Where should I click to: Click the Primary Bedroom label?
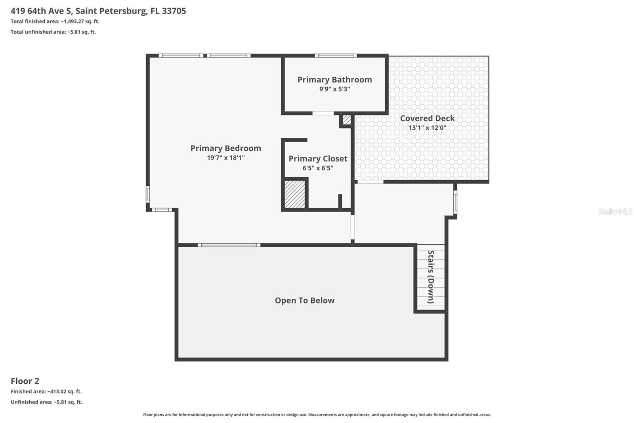tap(225, 148)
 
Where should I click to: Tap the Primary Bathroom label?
tap(334, 80)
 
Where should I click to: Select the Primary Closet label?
tap(318, 159)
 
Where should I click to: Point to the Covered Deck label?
tap(427, 118)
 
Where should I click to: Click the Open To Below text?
tap(304, 301)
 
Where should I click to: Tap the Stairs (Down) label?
tap(431, 277)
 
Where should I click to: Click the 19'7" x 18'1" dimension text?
tap(225, 158)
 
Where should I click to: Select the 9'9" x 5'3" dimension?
tap(334, 89)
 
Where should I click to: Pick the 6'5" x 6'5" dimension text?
tap(318, 168)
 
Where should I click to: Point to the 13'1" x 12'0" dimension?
tap(427, 128)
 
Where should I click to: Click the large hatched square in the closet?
tap(295, 194)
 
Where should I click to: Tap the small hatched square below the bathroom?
tap(347, 119)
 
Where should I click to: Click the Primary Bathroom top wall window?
tap(336, 56)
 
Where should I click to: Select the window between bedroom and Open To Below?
tap(229, 245)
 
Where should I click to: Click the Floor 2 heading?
tap(25, 381)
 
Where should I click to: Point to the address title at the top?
tap(98, 11)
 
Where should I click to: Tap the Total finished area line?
tap(55, 21)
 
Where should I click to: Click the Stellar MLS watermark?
tap(615, 211)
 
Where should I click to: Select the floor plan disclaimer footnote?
tap(317, 415)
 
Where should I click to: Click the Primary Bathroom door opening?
tap(323, 113)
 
